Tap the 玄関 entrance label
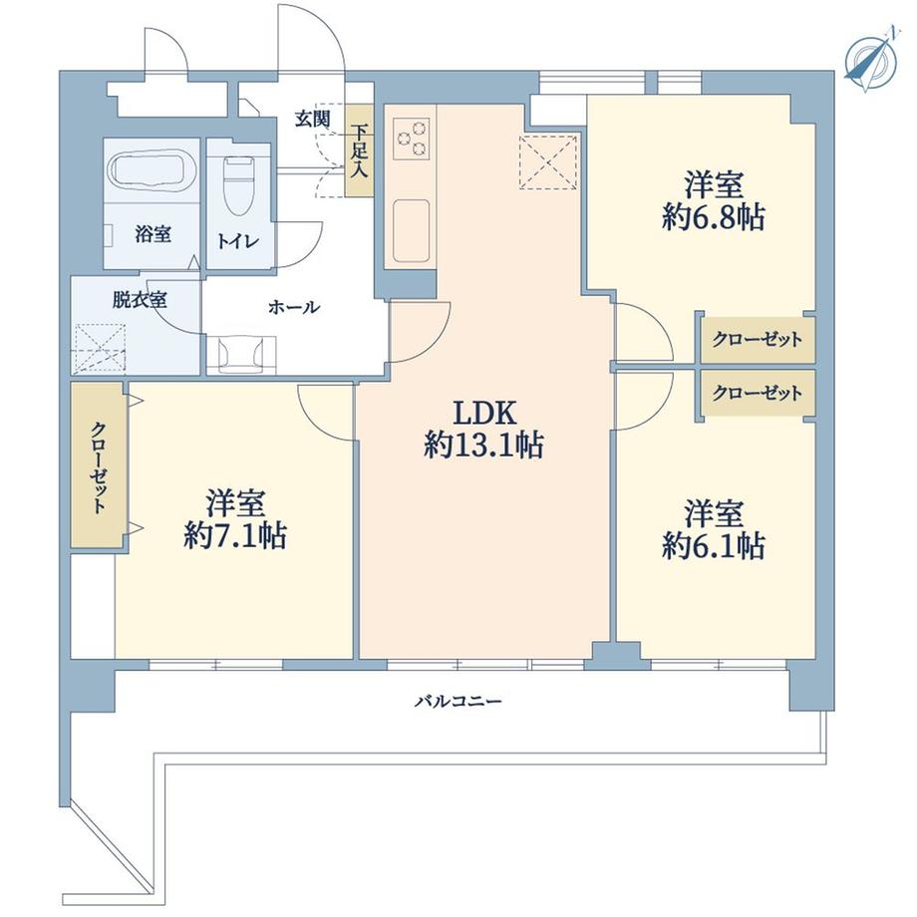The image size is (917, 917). (311, 117)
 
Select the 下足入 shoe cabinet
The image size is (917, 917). (358, 151)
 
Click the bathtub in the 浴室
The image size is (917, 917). (153, 171)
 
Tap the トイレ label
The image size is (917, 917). (239, 240)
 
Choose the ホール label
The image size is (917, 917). (294, 308)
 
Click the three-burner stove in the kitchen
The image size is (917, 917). (412, 140)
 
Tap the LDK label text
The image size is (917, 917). (483, 413)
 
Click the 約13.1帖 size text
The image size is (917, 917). (483, 447)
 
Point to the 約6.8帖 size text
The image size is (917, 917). (714, 218)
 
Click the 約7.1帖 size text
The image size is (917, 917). (236, 536)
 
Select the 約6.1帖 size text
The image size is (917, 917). (714, 546)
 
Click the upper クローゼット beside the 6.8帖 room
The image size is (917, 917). (757, 340)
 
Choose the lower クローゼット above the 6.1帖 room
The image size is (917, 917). (757, 394)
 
